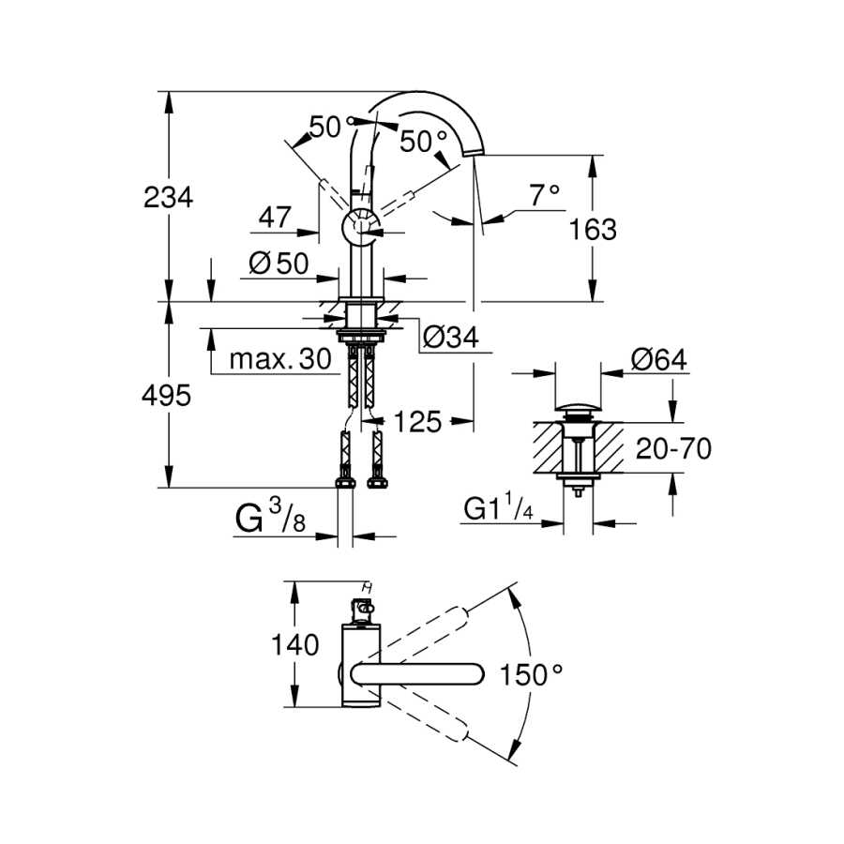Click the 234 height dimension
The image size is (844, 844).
[168, 197]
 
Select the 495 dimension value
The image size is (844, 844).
[166, 396]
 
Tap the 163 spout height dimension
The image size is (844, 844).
[593, 230]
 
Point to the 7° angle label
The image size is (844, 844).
[545, 195]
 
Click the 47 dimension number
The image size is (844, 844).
[275, 217]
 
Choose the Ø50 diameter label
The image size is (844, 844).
[279, 264]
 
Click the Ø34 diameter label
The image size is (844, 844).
[450, 338]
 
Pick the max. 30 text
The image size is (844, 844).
[279, 358]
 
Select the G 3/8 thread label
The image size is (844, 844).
[270, 516]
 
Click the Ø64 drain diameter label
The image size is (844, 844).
[659, 359]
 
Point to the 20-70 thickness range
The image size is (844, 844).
[673, 448]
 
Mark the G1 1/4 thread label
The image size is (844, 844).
[499, 508]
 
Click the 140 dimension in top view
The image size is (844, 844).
[295, 644]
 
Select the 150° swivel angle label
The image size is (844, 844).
[532, 674]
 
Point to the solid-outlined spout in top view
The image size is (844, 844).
[417, 674]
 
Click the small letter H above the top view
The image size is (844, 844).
[368, 587]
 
